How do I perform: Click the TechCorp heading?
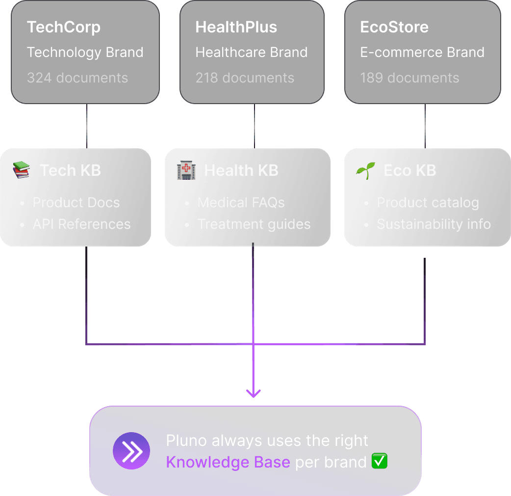click(64, 27)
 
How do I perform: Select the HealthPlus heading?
click(236, 27)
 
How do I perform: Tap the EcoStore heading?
click(394, 27)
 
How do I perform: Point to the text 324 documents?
click(77, 78)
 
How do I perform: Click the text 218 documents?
click(245, 78)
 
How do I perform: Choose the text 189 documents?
click(409, 78)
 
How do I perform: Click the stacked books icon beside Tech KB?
click(21, 170)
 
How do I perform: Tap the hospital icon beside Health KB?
click(186, 170)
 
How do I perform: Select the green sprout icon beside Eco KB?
click(365, 170)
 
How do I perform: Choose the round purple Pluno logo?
click(131, 451)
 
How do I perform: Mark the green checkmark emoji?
click(380, 462)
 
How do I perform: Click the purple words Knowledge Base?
click(228, 462)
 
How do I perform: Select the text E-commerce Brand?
click(422, 53)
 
